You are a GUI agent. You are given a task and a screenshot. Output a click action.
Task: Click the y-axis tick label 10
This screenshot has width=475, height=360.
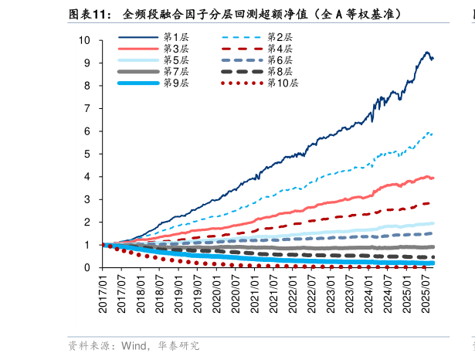coord(84,40)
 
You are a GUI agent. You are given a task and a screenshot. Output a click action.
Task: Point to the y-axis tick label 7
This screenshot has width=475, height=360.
coord(87,108)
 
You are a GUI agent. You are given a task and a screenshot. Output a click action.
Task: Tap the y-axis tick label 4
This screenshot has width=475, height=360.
coord(87,177)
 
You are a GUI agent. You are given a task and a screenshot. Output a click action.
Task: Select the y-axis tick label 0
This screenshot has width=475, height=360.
coord(87,268)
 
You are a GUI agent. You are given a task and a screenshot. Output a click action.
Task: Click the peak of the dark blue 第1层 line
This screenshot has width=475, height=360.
coord(427,52)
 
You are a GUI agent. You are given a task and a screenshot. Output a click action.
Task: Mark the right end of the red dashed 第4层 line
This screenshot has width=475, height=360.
coord(430,203)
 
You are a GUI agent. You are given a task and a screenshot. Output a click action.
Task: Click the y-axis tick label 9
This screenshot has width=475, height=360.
coord(87,63)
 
